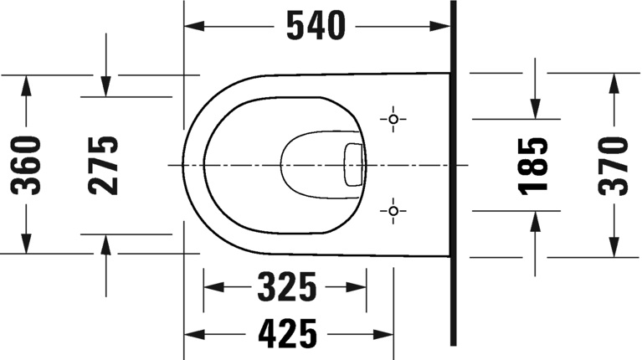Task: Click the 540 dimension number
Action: pos(316,27)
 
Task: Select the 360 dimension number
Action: pos(26,165)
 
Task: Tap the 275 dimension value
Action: pos(103,165)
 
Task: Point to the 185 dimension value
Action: pos(532,165)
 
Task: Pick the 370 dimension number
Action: pos(613,166)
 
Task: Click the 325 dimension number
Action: pos(287,286)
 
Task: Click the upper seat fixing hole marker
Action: pos(393,119)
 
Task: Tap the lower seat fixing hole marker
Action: pos(393,211)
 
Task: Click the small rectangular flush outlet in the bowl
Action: pos(353,165)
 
